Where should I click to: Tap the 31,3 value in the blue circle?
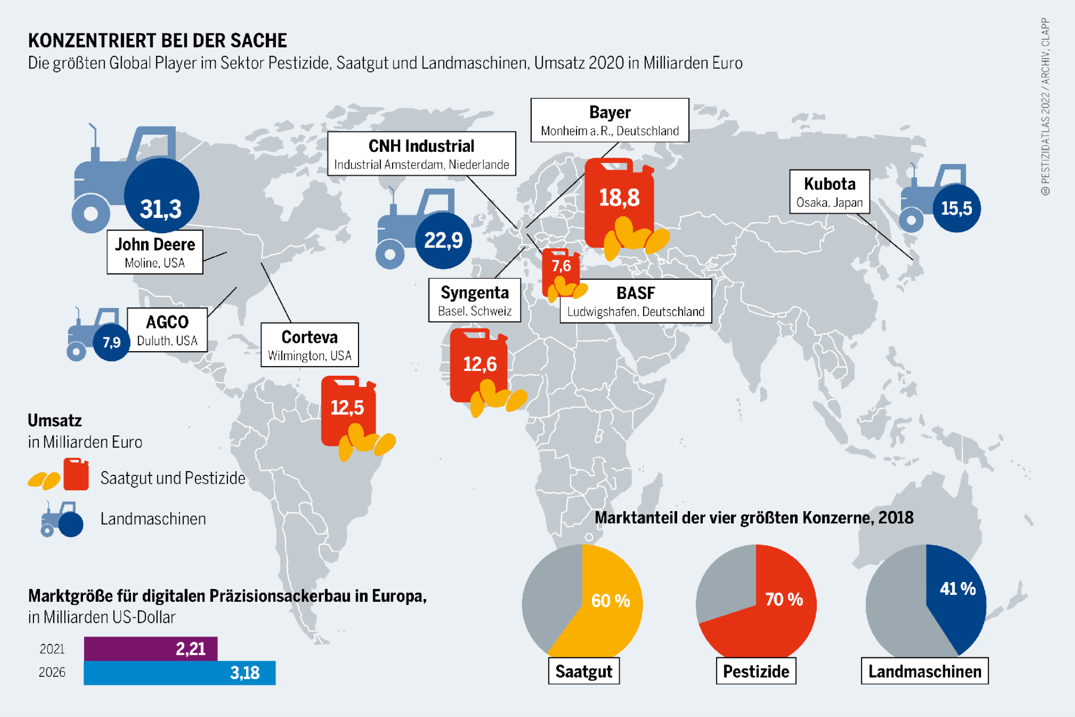161,209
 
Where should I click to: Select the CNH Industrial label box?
421,154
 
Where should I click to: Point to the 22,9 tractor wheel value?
443,240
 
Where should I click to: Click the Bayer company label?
610,120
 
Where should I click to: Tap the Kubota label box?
830,192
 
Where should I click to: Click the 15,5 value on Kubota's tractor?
956,209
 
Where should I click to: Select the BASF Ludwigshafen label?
636,301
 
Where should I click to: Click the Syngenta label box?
475,300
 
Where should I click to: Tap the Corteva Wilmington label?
309,345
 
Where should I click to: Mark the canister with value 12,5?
347,408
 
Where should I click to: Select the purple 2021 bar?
150,648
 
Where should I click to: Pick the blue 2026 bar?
179,673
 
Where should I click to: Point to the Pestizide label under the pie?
756,671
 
